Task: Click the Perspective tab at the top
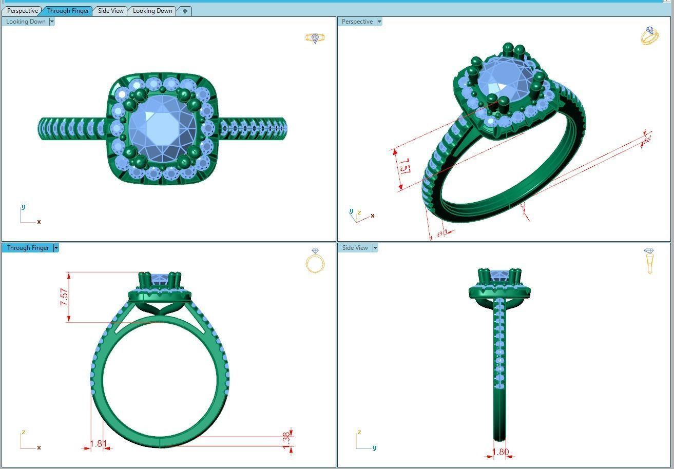23,11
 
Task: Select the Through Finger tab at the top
68,11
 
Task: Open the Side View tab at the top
110,11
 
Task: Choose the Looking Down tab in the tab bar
152,11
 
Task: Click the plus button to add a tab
185,11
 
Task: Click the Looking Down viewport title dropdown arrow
52,22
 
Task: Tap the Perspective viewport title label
357,22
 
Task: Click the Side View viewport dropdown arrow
375,248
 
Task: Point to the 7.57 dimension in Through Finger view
64,297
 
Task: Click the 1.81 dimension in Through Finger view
98,444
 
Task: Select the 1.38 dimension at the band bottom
286,439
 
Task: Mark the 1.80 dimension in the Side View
500,452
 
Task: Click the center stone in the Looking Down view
161,128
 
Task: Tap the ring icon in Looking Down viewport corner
315,38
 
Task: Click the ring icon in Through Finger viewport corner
315,261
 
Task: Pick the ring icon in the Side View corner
649,261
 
